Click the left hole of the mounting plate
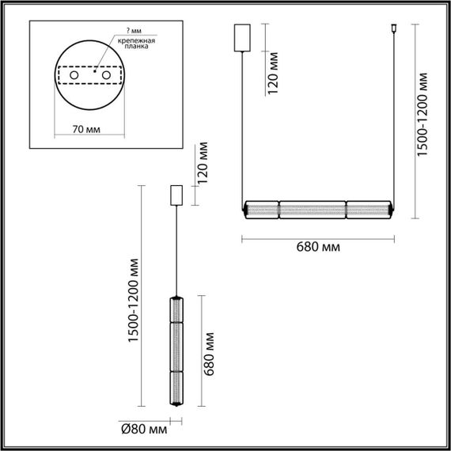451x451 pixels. pyautogui.click(x=74, y=76)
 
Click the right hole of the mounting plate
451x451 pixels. pyautogui.click(x=104, y=76)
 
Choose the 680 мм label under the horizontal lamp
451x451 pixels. pyautogui.click(x=319, y=247)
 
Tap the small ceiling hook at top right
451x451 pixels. pyautogui.click(x=393, y=32)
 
